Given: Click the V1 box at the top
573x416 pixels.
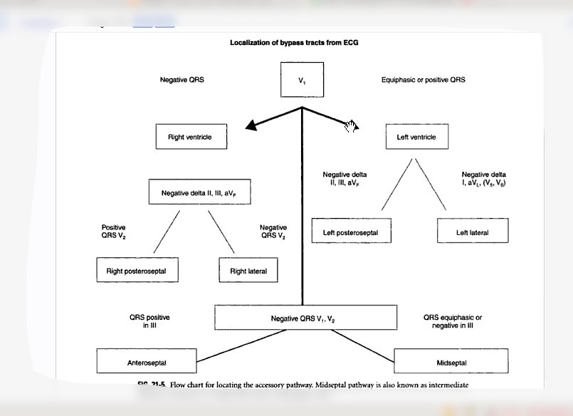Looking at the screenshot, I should tap(302, 80).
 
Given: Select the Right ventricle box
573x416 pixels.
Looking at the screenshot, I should tap(191, 137).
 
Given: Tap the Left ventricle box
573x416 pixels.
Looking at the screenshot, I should tap(416, 137).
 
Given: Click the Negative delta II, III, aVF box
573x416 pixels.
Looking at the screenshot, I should tap(200, 192).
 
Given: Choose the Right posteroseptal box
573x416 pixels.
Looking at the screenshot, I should tap(137, 271).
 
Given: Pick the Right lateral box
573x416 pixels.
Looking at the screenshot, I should tap(248, 271).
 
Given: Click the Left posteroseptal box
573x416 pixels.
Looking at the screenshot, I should tap(351, 232).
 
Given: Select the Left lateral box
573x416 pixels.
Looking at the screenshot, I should tap(473, 232).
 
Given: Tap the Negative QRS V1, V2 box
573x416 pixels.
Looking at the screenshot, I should tap(306, 318).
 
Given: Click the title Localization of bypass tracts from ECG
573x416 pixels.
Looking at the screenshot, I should tap(294, 43).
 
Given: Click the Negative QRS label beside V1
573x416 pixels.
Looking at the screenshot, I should tap(182, 80).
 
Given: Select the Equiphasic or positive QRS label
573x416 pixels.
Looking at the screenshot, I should tap(423, 80).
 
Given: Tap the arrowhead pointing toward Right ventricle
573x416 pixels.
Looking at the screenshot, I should tap(250, 127).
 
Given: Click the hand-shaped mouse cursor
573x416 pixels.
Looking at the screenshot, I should tap(350, 126).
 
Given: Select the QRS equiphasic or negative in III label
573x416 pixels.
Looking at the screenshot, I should tap(453, 321).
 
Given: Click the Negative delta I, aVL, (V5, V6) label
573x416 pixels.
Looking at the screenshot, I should tap(484, 179).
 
